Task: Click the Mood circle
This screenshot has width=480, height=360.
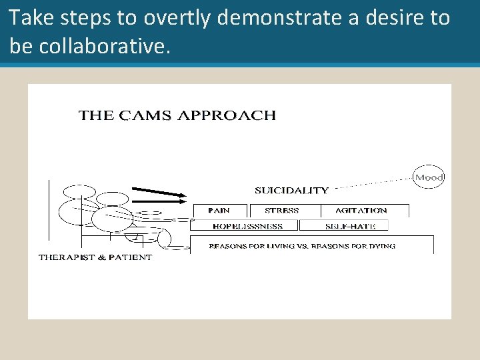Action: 429,177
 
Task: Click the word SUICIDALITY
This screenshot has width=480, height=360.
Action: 291,190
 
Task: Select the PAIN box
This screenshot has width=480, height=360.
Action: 219,211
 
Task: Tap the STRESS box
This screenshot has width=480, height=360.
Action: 282,211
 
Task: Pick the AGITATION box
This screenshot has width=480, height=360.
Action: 361,211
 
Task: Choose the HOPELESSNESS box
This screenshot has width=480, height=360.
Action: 247,227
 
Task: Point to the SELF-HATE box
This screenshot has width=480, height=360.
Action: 351,227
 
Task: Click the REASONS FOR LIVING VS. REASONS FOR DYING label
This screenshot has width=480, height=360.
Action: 302,246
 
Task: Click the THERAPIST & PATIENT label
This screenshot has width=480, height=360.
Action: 95,257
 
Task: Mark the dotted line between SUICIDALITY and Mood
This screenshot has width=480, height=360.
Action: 373,183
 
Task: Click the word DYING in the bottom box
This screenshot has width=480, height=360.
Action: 381,246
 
